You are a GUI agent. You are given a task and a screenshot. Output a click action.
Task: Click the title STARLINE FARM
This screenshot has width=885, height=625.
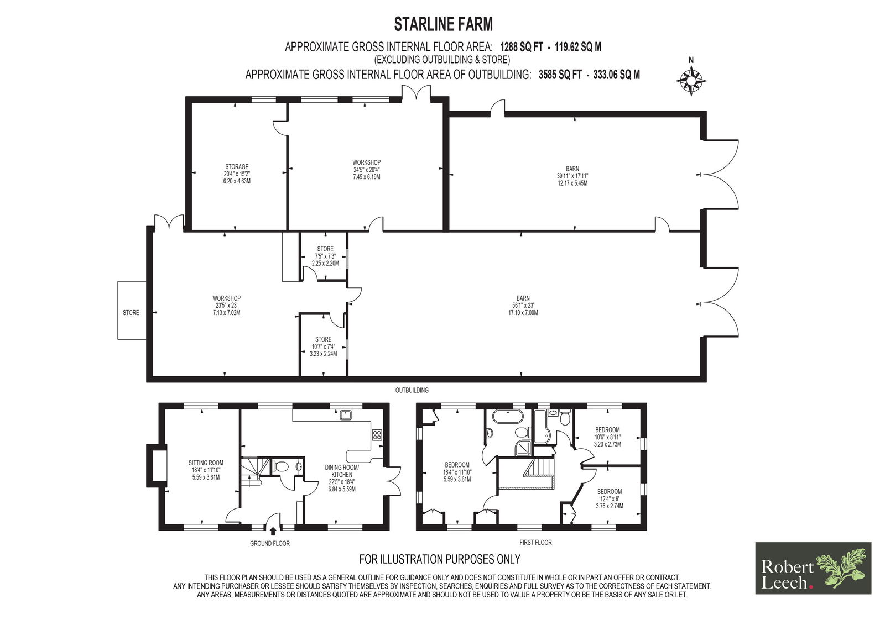443,24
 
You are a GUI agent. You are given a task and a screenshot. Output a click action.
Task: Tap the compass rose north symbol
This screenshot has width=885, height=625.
691,81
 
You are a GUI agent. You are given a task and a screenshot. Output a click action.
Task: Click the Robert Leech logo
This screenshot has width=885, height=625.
813,568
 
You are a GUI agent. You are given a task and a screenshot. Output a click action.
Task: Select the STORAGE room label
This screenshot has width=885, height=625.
237,167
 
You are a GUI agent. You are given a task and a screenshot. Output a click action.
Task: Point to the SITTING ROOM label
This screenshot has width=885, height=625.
206,463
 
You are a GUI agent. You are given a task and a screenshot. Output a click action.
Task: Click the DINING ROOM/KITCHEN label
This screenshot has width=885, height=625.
342,471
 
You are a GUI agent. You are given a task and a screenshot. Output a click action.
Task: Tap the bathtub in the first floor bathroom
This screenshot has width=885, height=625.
508,417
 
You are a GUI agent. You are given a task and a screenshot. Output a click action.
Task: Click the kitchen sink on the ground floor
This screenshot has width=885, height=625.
346,415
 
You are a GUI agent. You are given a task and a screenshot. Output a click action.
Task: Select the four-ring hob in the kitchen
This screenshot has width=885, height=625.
377,435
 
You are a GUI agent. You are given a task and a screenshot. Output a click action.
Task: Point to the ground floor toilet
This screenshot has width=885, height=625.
280,466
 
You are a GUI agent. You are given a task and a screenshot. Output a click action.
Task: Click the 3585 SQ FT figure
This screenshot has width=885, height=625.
560,75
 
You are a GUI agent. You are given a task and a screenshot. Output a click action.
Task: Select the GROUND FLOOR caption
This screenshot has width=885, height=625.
270,544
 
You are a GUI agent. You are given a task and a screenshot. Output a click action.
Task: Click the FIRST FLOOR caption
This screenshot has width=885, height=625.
536,543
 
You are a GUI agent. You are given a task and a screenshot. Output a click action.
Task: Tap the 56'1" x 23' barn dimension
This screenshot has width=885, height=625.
523,305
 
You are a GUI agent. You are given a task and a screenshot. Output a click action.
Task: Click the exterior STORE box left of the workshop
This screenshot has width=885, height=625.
132,311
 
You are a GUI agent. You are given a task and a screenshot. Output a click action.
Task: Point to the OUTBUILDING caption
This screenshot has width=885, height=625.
412,391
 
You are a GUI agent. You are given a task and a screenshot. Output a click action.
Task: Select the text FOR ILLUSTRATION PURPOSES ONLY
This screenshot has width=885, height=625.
440,559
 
